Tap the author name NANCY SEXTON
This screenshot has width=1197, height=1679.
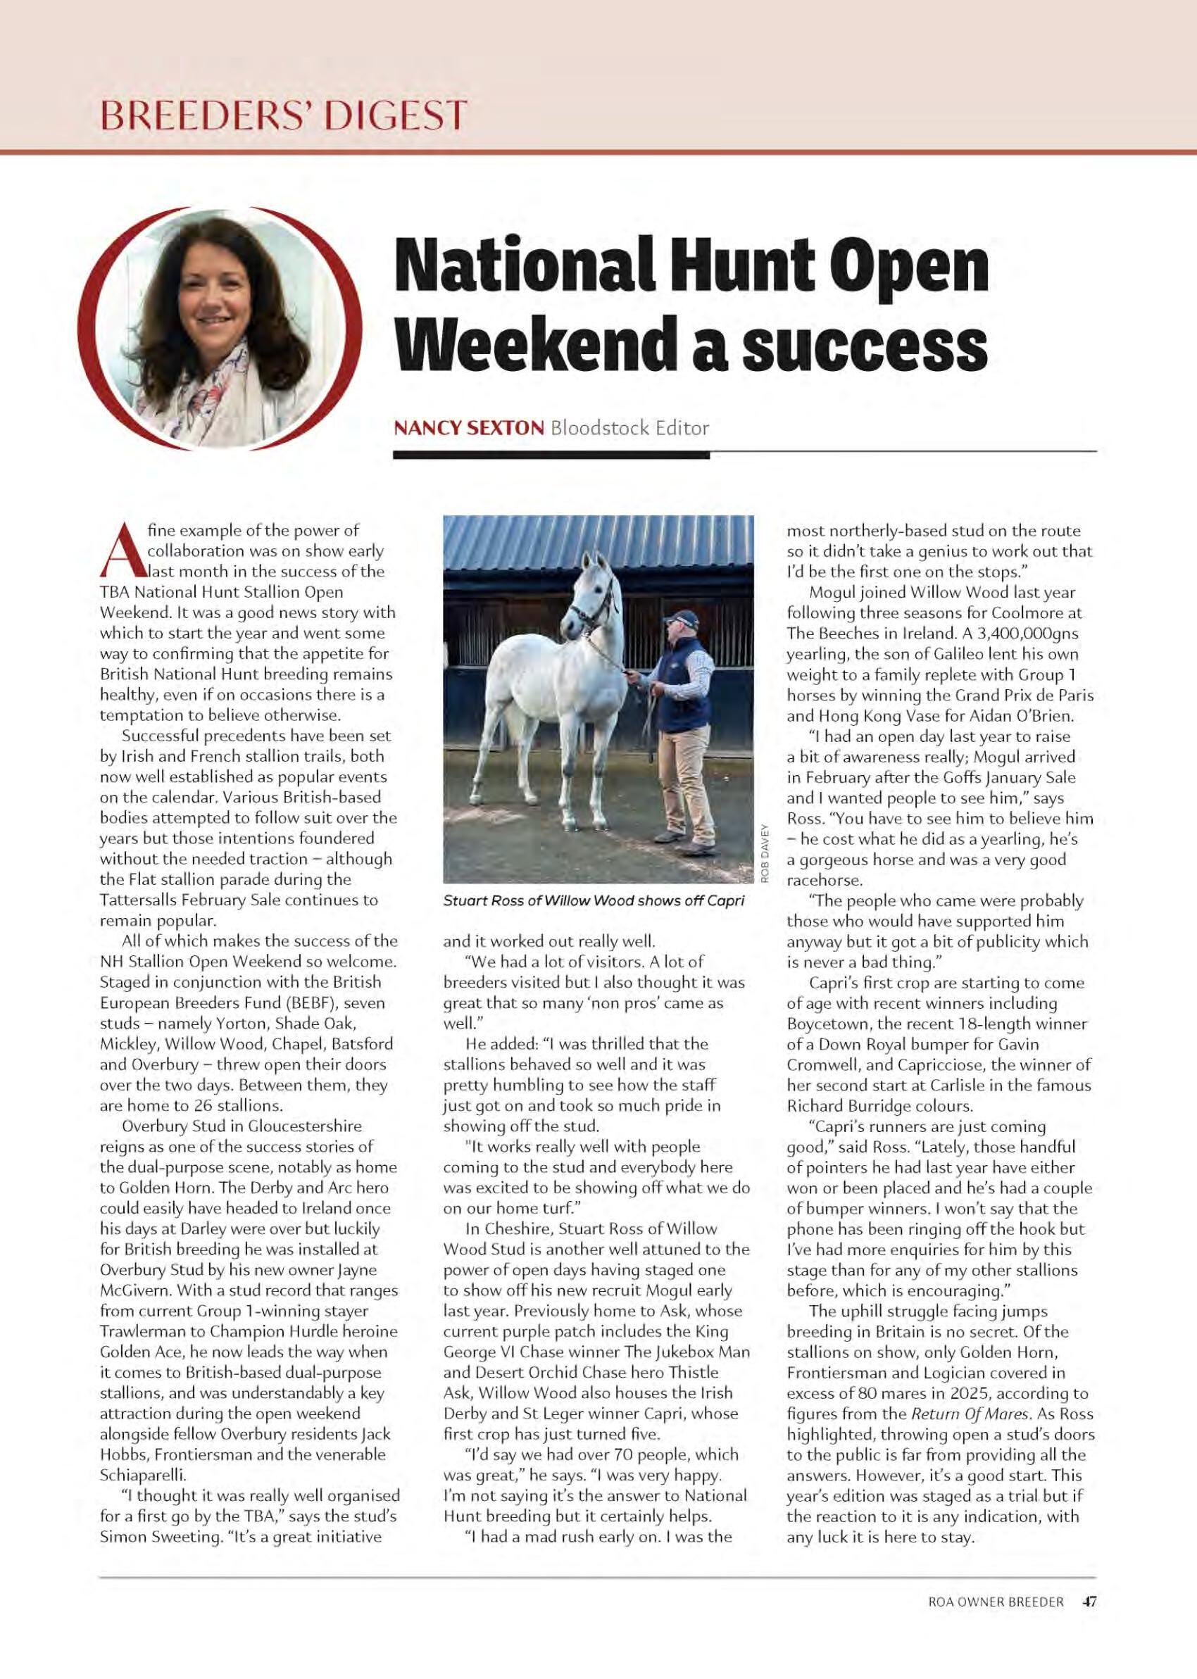[469, 427]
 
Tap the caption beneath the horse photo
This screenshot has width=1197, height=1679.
[594, 901]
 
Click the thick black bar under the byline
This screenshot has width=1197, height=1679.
[551, 456]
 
